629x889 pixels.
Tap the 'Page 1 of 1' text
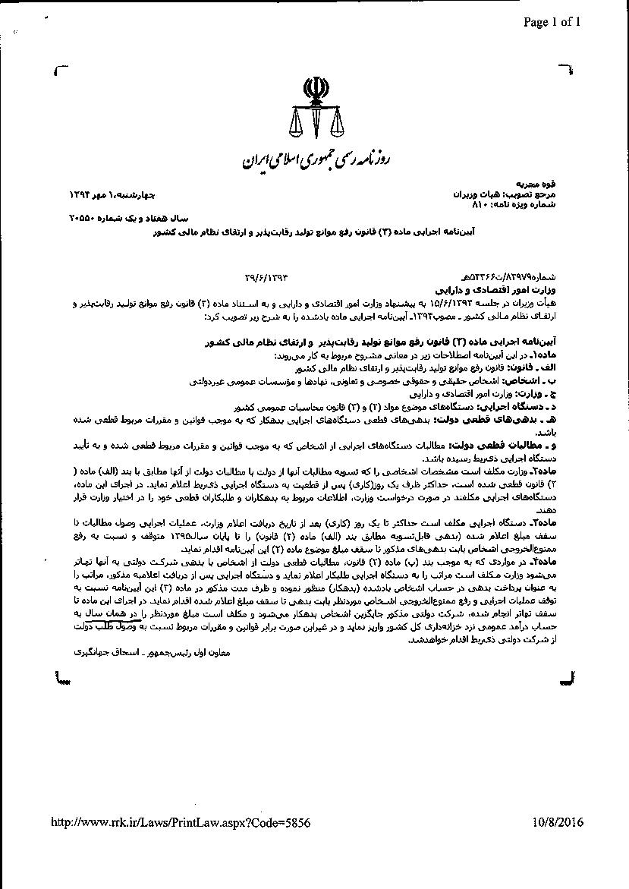(x=551, y=21)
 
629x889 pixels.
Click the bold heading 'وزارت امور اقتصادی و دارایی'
(x=520, y=291)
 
